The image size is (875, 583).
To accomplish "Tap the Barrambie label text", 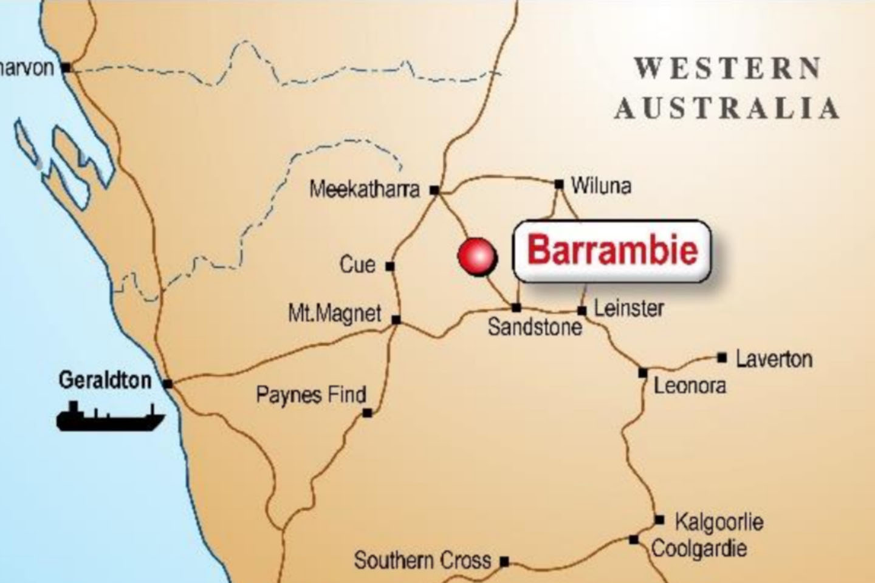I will (612, 251).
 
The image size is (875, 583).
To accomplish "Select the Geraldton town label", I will (105, 381).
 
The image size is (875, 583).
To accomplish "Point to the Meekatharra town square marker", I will (434, 190).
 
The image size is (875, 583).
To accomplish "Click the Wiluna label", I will (601, 186).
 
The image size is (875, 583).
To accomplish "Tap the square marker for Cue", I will (390, 266).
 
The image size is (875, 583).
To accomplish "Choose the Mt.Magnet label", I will (334, 314).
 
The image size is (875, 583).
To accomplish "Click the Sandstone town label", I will (535, 327).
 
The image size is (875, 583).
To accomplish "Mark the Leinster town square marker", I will (582, 311).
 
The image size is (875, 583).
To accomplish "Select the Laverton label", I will (774, 359).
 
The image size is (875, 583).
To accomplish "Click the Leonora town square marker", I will (643, 373).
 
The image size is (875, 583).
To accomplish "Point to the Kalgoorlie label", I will (719, 522).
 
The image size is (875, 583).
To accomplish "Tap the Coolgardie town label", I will (699, 549).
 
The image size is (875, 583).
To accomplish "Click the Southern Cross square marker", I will (504, 562).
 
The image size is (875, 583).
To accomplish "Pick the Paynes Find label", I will (311, 395).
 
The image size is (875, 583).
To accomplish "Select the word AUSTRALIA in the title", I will (727, 108).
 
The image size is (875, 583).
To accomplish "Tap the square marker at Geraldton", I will (168, 384).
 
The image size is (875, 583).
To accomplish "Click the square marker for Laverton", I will (722, 358).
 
